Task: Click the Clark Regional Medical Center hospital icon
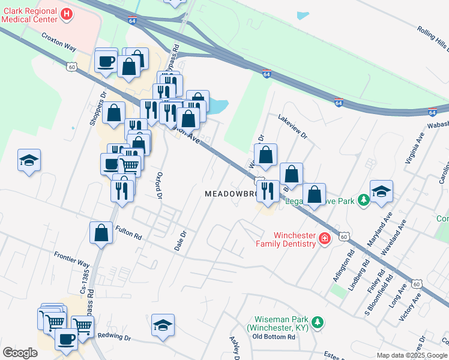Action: [x=67, y=14]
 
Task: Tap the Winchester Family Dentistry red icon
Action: [x=325, y=239]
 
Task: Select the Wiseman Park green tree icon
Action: [x=318, y=322]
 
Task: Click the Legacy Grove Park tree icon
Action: [x=363, y=200]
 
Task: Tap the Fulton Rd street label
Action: [x=128, y=233]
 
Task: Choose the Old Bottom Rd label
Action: [x=274, y=337]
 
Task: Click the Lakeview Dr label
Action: [x=292, y=128]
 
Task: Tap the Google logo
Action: [x=20, y=353]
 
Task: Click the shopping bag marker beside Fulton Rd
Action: [x=101, y=232]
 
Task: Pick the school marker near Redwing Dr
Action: [x=163, y=325]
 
